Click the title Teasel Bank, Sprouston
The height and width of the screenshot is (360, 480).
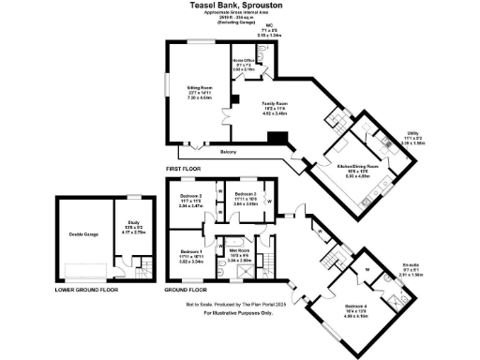coord(240,6)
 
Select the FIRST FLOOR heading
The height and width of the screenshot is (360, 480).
coord(184,168)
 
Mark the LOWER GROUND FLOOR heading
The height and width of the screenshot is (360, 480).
coord(86,291)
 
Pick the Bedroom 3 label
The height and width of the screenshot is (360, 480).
coord(191,197)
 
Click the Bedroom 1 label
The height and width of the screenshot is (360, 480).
coord(191,251)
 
